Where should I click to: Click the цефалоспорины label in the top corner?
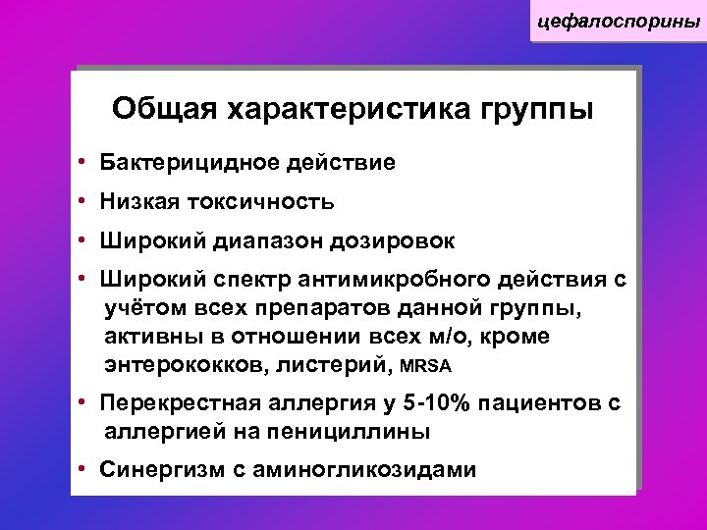point(617,21)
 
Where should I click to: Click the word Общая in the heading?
point(164,107)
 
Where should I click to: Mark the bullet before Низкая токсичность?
point(85,202)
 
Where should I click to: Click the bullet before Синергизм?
point(85,470)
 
